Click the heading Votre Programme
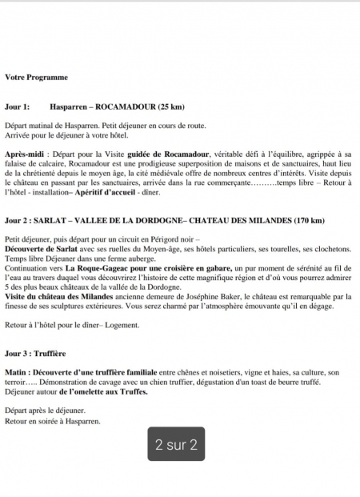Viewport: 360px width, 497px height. click(x=36, y=78)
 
